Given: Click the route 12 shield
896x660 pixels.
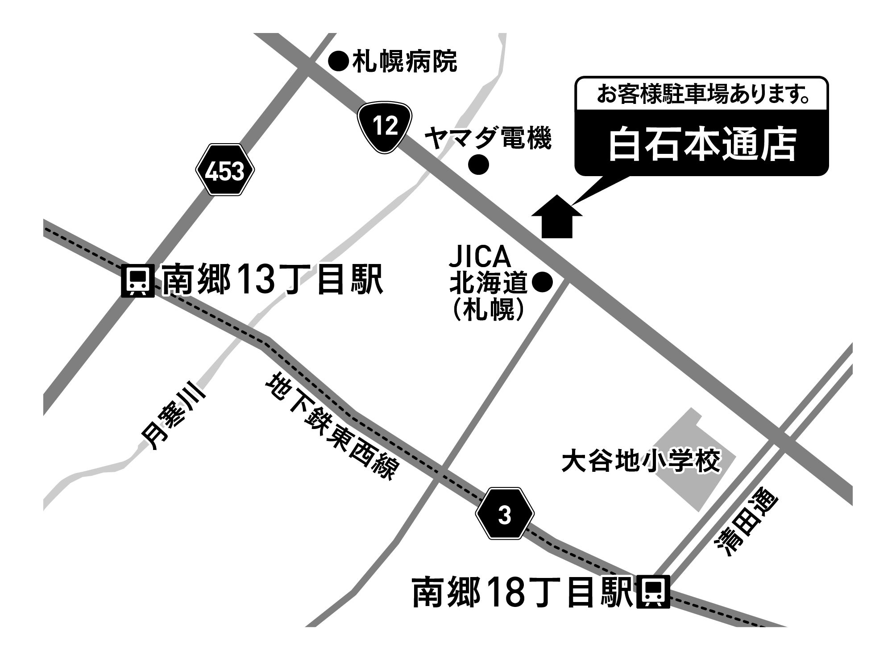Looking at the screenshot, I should [x=384, y=127].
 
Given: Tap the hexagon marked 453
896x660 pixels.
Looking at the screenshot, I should [x=225, y=170].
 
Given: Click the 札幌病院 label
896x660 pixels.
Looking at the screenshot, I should [x=405, y=62].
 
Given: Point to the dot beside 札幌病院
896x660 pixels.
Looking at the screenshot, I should [x=338, y=62].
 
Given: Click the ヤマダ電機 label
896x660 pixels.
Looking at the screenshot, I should [x=488, y=138].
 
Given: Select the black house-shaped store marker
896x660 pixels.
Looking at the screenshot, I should [x=557, y=217].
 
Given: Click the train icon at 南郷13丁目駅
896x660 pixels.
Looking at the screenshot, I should [x=137, y=281].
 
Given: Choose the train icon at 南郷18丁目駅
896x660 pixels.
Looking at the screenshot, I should [x=655, y=593].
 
